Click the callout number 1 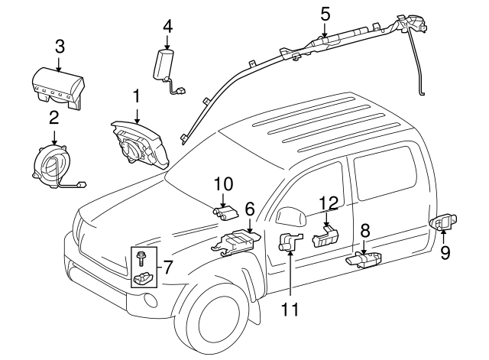(136, 96)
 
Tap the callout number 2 (54, 117)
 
